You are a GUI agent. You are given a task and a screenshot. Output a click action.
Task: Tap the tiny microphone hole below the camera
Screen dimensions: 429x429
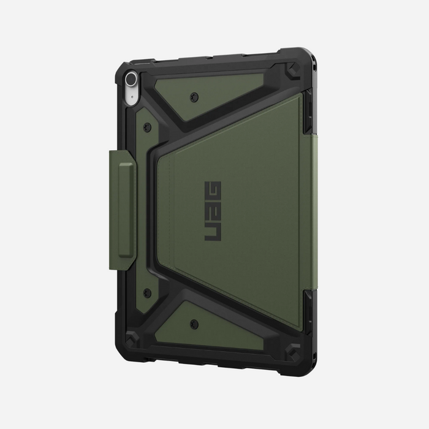132,96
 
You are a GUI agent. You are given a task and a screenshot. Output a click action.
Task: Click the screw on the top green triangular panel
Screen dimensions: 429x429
194,97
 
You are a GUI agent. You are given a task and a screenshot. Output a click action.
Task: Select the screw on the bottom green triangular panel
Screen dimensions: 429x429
194,324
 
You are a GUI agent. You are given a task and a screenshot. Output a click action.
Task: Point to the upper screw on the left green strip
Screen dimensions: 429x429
148,127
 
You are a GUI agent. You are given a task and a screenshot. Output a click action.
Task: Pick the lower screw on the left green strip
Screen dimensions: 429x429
147,294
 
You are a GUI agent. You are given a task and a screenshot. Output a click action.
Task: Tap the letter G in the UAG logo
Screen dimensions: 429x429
213,191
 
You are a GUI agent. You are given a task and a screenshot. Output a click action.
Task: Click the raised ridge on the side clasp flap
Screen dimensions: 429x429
126,210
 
